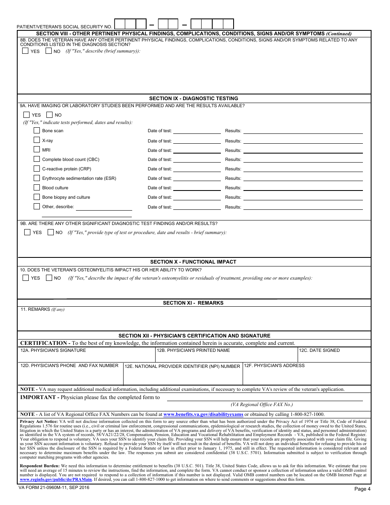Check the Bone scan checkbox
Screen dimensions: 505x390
click(37, 131)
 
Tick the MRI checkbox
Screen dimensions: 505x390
click(37, 150)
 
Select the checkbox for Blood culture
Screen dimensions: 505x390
click(37, 188)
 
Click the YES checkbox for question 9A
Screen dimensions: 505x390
click(27, 115)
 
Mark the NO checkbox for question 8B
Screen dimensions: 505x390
click(48, 51)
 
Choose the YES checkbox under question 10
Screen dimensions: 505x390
click(26, 278)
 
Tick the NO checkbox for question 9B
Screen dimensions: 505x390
click(50, 232)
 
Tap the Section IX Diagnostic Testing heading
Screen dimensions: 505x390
click(193, 99)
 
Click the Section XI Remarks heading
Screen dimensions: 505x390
click(193, 303)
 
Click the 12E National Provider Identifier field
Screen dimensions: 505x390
click(182, 376)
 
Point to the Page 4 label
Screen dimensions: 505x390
click(362, 489)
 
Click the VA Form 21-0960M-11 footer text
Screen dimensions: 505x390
click(54, 487)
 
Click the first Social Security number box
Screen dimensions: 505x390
click(119, 24)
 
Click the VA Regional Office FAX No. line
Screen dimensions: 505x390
click(264, 399)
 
